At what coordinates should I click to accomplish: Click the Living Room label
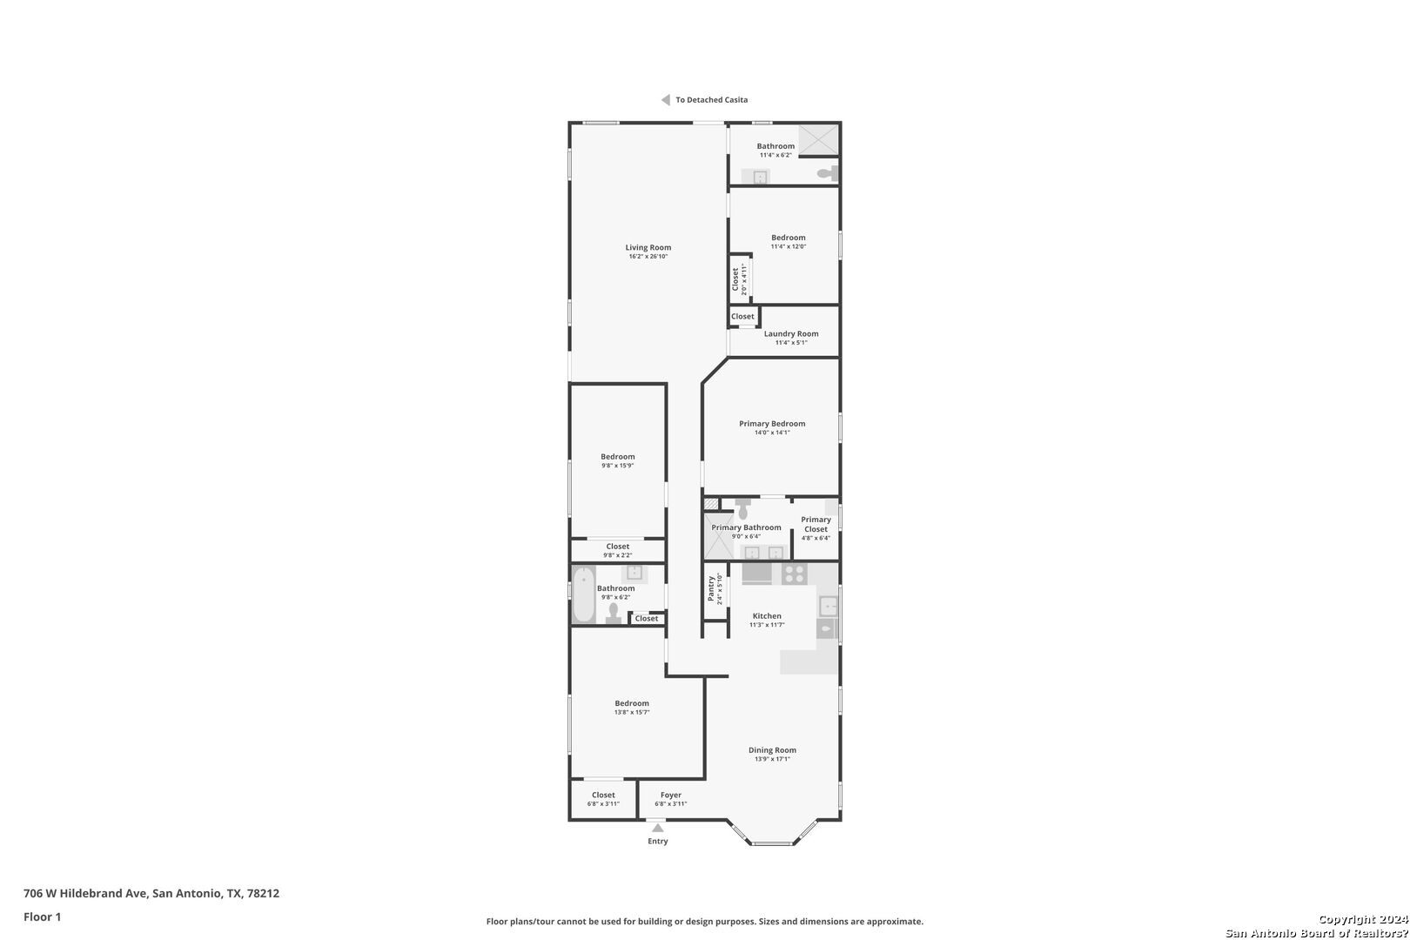point(648,247)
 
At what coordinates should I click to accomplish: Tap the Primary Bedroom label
point(772,424)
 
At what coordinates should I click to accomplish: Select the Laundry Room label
point(791,333)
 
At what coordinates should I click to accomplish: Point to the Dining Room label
point(772,750)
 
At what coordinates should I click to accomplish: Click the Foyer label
point(671,796)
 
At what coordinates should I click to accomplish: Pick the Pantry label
point(711,588)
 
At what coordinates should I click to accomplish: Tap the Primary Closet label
point(816,524)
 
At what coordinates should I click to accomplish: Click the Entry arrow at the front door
point(658,828)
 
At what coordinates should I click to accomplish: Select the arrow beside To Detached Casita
point(665,99)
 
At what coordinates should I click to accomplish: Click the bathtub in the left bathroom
point(583,594)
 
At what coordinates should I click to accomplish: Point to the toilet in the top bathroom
point(827,173)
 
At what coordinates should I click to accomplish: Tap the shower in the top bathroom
point(818,140)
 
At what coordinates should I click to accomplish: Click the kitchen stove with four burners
point(794,574)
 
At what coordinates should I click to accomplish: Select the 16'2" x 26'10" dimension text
point(648,256)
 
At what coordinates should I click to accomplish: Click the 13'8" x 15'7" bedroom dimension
point(632,712)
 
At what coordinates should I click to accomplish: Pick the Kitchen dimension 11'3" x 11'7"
point(767,625)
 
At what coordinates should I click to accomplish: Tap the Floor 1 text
point(42,916)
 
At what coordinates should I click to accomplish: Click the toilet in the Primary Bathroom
point(742,508)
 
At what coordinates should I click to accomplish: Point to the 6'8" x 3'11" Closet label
point(603,799)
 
